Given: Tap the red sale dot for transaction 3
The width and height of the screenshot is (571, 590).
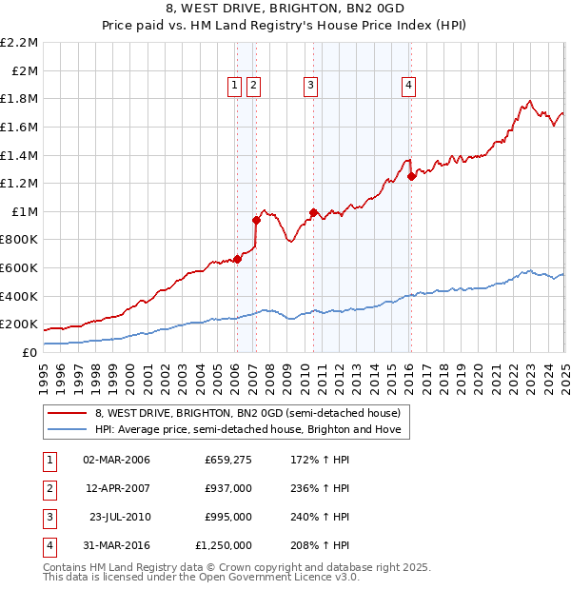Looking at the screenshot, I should pyautogui.click(x=313, y=212).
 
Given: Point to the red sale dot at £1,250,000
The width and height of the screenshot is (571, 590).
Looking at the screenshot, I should pyautogui.click(x=411, y=176).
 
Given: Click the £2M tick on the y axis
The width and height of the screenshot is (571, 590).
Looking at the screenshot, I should pyautogui.click(x=26, y=70).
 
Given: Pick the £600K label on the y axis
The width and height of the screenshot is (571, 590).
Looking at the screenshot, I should pyautogui.click(x=21, y=267).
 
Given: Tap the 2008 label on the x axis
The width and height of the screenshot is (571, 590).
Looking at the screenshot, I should pyautogui.click(x=270, y=378).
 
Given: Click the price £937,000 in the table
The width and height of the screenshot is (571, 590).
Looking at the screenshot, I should pyautogui.click(x=228, y=488).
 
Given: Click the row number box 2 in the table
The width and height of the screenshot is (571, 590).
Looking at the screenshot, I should pyautogui.click(x=49, y=488).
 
